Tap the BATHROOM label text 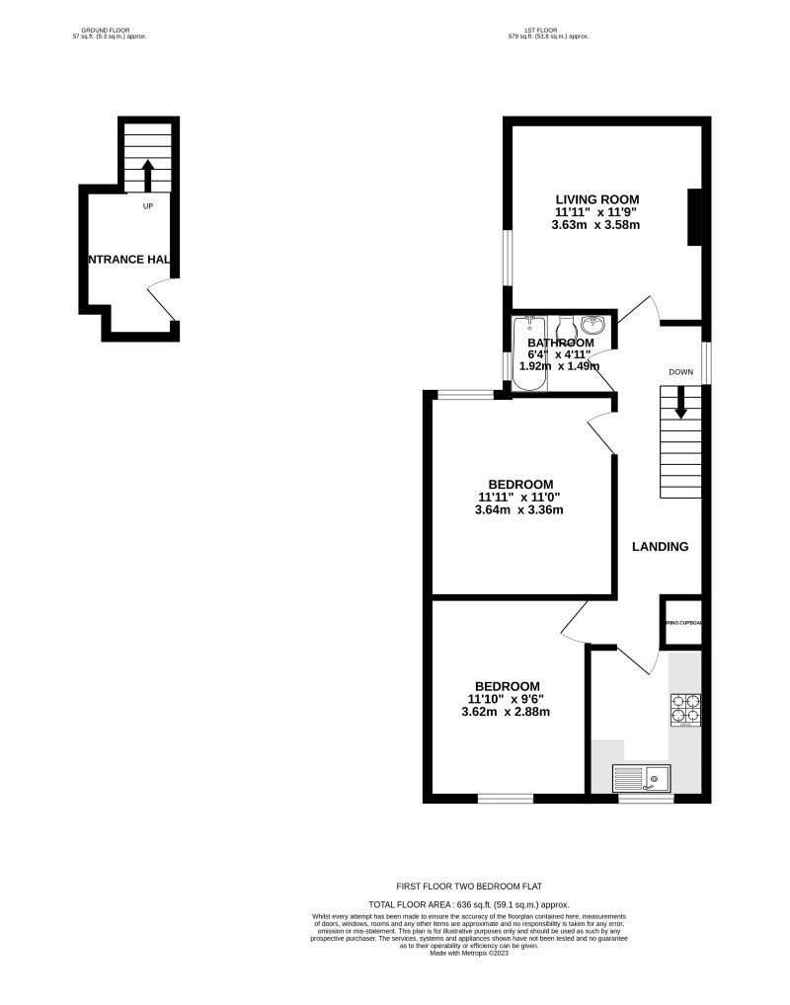(x=560, y=343)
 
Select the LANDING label (x=660, y=546)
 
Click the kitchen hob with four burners (x=686, y=709)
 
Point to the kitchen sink (x=641, y=779)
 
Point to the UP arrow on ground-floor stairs (x=147, y=176)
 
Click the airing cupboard (x=682, y=622)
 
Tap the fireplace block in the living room (x=695, y=216)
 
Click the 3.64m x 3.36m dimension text (x=518, y=509)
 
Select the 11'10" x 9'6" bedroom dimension (x=508, y=699)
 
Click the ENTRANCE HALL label (x=129, y=260)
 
